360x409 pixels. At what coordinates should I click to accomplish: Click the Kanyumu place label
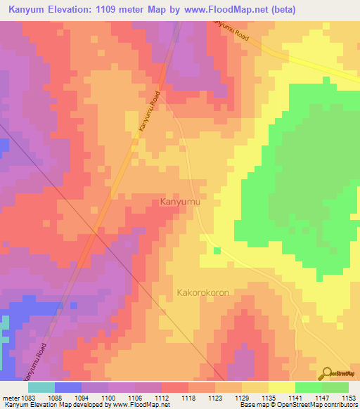pyautogui.click(x=181, y=202)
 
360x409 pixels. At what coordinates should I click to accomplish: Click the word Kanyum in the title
pyautogui.click(x=28, y=10)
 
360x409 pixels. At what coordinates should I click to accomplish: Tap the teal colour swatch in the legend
pyautogui.click(x=41, y=387)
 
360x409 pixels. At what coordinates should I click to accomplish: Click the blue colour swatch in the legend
pyautogui.click(x=68, y=387)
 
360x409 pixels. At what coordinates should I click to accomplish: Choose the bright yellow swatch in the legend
pyautogui.click(x=281, y=387)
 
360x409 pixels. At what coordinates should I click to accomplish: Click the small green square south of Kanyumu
pyautogui.click(x=217, y=251)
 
